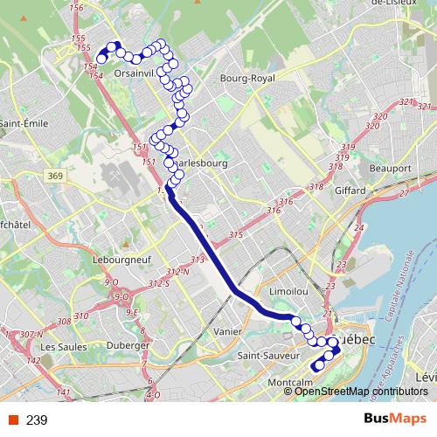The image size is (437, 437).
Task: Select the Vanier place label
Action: click(x=227, y=331)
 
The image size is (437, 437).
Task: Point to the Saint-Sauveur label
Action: click(x=265, y=357)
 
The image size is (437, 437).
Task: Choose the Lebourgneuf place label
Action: click(x=117, y=260)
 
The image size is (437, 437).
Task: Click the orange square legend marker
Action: click(x=12, y=420)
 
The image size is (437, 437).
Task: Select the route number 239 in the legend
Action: click(x=37, y=420)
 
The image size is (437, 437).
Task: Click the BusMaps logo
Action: click(x=395, y=420)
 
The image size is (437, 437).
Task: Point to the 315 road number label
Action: click(x=234, y=236)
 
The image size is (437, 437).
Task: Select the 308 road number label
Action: click(x=65, y=322)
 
